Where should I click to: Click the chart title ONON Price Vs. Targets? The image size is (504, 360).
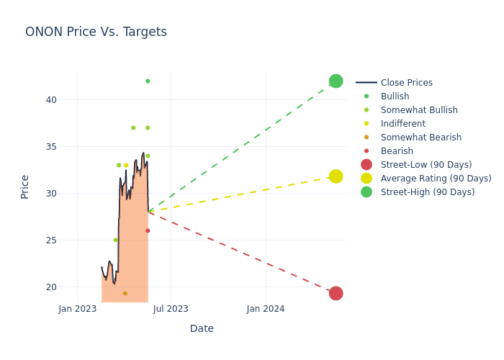(96, 32)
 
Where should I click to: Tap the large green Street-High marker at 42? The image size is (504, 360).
(336, 81)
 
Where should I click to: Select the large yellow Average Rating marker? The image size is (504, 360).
(336, 176)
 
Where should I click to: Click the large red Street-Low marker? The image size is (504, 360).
(336, 293)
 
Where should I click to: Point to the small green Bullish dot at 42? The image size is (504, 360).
(148, 81)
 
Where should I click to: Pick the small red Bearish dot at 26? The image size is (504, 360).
(148, 230)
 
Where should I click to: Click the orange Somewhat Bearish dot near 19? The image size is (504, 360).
(125, 293)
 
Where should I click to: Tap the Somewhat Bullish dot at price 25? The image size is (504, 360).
(115, 240)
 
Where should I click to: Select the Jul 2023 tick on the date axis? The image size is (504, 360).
(171, 309)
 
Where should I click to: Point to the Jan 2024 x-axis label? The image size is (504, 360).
(266, 309)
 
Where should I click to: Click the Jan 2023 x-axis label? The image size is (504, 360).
(78, 309)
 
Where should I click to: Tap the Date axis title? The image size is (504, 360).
(202, 328)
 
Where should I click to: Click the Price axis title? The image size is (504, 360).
(25, 186)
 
